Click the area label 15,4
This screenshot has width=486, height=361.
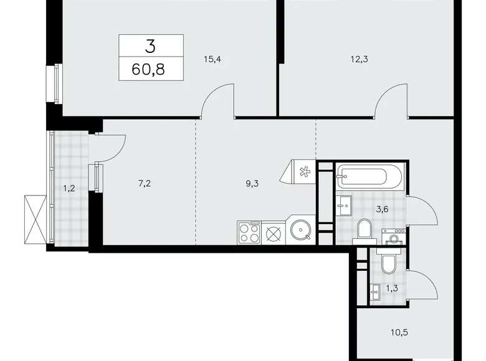(x=212, y=60)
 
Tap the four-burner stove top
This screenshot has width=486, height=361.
(x=250, y=233)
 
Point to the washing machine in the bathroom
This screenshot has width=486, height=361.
(x=394, y=237)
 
